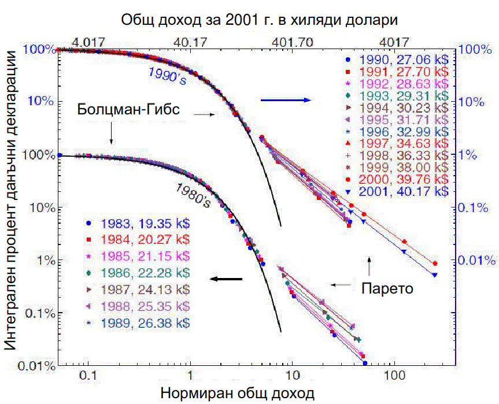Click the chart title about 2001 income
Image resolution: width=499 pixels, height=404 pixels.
coord(260,20)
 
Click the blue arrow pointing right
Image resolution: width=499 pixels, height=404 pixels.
coord(286,100)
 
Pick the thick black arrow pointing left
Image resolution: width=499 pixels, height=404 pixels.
coord(226,279)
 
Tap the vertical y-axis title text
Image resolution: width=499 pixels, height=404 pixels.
coord(11,205)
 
